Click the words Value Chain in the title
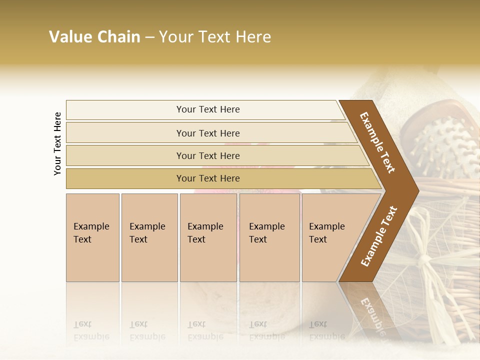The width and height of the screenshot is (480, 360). point(94,37)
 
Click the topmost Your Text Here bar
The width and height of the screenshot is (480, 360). point(207,109)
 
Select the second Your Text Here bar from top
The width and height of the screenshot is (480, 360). point(207,133)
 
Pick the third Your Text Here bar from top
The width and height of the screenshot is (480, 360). point(207,155)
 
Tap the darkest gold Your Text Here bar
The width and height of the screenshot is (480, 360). point(207,178)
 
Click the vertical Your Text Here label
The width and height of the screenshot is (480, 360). point(57,143)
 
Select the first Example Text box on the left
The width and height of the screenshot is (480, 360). point(92,237)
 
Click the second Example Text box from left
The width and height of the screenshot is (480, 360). point(149,237)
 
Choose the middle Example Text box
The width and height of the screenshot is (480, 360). point(208,237)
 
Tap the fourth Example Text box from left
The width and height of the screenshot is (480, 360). point(269,237)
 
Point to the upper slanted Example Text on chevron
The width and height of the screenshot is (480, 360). point(377,142)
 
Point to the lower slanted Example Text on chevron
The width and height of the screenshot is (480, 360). point(379,236)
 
